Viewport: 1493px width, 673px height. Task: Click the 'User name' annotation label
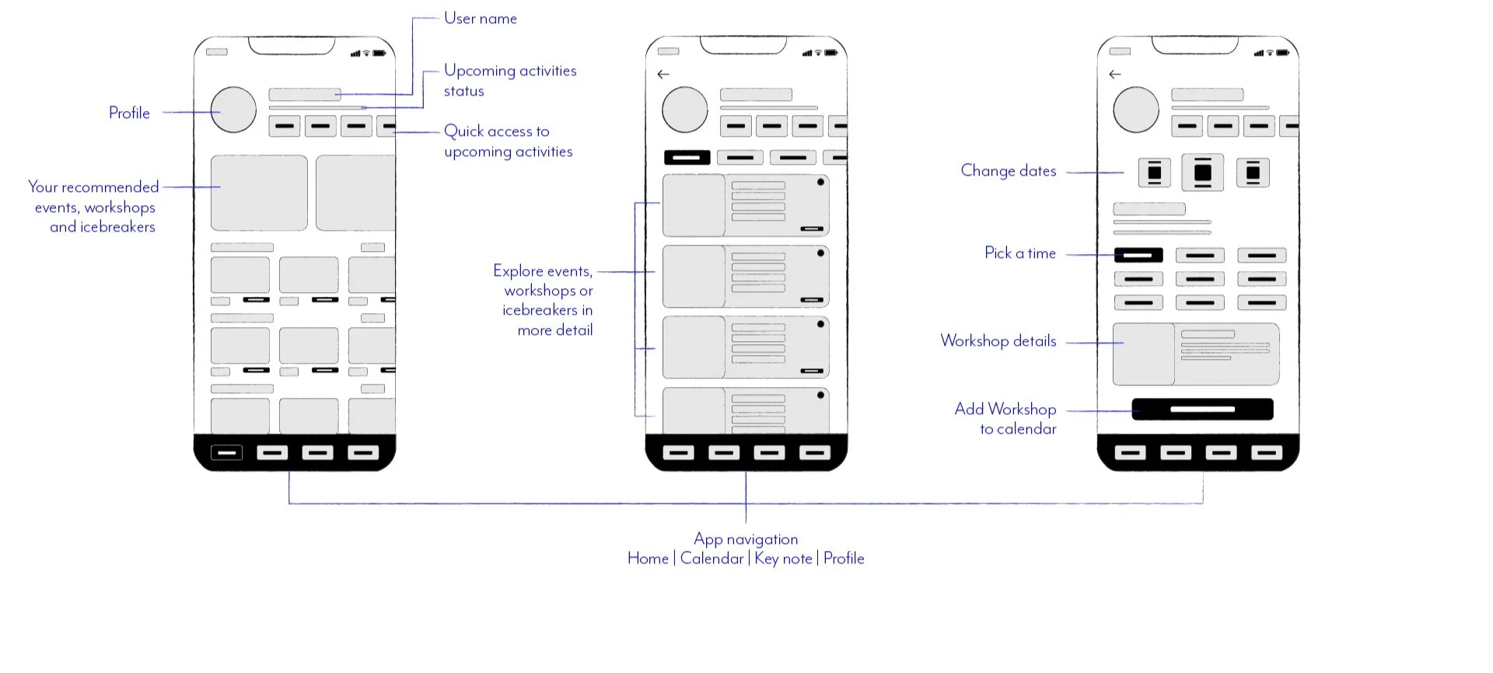click(x=480, y=19)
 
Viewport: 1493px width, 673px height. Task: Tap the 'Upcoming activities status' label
click(x=509, y=81)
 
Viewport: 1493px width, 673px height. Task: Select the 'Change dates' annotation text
click(x=1008, y=171)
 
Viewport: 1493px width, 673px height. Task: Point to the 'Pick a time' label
click(x=1019, y=253)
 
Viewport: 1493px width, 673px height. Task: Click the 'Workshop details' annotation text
click(x=998, y=341)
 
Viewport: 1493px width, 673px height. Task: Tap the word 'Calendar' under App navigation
click(x=712, y=559)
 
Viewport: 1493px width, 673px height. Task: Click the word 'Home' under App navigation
click(x=648, y=559)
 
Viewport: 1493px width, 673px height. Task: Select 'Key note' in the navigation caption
click(x=783, y=559)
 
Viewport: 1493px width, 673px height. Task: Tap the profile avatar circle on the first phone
click(x=233, y=110)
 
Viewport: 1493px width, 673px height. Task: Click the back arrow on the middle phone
click(x=663, y=75)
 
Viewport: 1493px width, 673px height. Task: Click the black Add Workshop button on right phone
click(x=1202, y=410)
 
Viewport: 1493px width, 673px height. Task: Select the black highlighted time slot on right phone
click(x=1138, y=255)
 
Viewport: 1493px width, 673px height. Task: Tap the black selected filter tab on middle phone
click(x=687, y=158)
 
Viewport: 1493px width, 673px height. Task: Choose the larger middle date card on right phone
click(x=1202, y=173)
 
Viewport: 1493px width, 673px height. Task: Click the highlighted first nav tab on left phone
click(x=226, y=452)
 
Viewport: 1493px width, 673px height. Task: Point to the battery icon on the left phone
click(x=379, y=54)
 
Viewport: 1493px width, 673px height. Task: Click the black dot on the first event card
click(x=820, y=183)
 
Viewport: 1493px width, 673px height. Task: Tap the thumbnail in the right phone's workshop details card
click(x=1143, y=354)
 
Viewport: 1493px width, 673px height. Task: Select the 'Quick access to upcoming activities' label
click(x=508, y=141)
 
